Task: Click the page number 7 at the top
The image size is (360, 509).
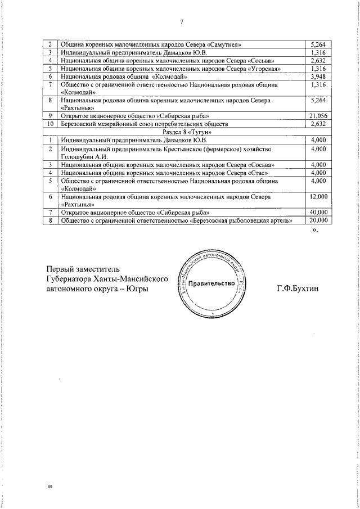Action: click(181, 22)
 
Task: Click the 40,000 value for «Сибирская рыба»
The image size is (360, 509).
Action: click(318, 213)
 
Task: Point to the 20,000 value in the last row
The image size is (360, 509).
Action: click(318, 220)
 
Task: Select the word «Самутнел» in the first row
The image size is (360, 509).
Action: click(229, 44)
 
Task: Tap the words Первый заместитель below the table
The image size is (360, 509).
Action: click(83, 269)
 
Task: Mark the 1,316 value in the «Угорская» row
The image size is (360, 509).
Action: click(318, 68)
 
